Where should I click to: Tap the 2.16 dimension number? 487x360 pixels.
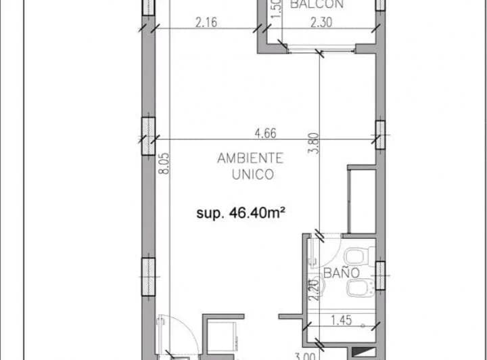click(205, 22)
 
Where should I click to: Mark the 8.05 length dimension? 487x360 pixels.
click(163, 164)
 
